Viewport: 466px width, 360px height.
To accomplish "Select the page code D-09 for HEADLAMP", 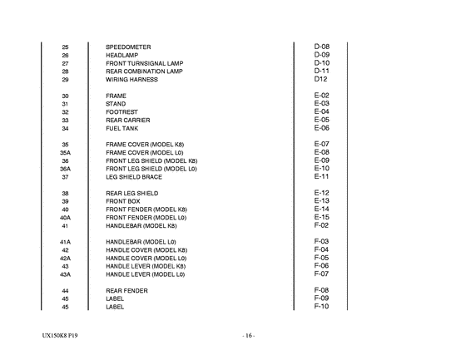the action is (322, 54).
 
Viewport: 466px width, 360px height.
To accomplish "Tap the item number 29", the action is (65, 80).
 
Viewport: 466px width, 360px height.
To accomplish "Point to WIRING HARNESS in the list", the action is (132, 80).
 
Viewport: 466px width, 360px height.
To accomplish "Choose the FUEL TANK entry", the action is (121, 129).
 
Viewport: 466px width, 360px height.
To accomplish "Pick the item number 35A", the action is (65, 153).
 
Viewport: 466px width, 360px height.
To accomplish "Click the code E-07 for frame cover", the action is (322, 144).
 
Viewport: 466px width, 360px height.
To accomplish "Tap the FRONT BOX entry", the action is (124, 201).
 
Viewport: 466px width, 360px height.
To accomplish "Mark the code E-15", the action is (322, 217).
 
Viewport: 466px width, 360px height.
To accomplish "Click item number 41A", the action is (65, 242).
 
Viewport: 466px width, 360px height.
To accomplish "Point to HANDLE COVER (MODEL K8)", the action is (146, 250).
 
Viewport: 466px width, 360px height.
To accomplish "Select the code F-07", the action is (322, 274).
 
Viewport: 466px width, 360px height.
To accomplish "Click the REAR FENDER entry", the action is (126, 291).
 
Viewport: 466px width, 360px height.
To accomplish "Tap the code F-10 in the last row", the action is (322, 306).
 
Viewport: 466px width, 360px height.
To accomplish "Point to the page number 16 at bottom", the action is (248, 335).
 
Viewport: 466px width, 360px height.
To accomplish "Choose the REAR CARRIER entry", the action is (127, 121).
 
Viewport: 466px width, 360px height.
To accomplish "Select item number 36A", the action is (65, 169).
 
